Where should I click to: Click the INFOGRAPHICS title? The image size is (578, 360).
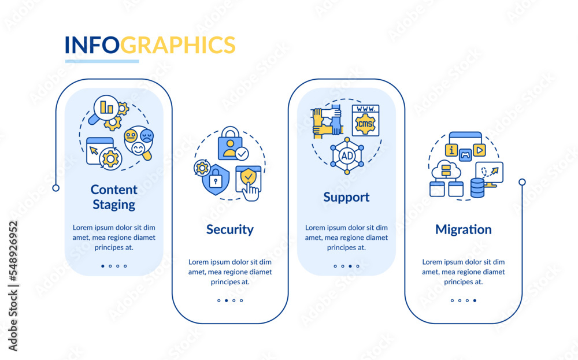click(x=150, y=45)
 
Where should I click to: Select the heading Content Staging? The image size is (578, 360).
click(x=114, y=196)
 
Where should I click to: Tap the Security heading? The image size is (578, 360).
click(x=229, y=229)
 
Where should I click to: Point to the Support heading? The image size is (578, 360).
click(x=346, y=197)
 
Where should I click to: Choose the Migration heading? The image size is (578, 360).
click(x=463, y=229)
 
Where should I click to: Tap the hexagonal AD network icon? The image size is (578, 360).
click(x=347, y=155)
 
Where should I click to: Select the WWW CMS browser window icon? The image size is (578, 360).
click(x=365, y=120)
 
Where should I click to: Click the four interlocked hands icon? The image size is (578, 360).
click(x=328, y=122)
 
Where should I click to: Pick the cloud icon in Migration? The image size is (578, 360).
click(x=446, y=170)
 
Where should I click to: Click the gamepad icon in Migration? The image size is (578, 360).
click(x=465, y=153)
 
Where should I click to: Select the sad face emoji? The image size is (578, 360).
click(x=147, y=136)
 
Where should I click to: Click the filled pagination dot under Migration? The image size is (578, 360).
click(x=475, y=300)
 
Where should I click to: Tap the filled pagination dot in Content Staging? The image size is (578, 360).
click(x=103, y=266)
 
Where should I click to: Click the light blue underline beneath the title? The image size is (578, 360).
click(x=102, y=61)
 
